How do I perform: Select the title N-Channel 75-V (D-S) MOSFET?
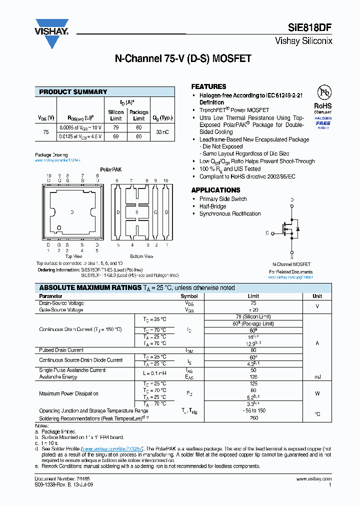[x=183, y=58]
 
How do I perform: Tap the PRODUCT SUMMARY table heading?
[x=73, y=92]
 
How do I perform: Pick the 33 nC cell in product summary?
[x=163, y=132]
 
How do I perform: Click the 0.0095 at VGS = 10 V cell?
[x=80, y=128]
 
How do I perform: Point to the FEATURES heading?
[x=208, y=86]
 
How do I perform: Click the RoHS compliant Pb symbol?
[x=323, y=92]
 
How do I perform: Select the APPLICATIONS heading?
[x=215, y=190]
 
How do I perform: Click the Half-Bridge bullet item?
[x=212, y=206]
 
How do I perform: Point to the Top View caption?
[x=74, y=256]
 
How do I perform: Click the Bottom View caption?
[x=141, y=256]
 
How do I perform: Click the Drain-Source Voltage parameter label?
[x=61, y=303]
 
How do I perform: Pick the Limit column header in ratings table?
[x=253, y=296]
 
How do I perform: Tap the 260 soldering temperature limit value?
[x=253, y=417]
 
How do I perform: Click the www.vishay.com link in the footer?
[x=314, y=479]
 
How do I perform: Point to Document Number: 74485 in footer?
[x=55, y=479]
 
